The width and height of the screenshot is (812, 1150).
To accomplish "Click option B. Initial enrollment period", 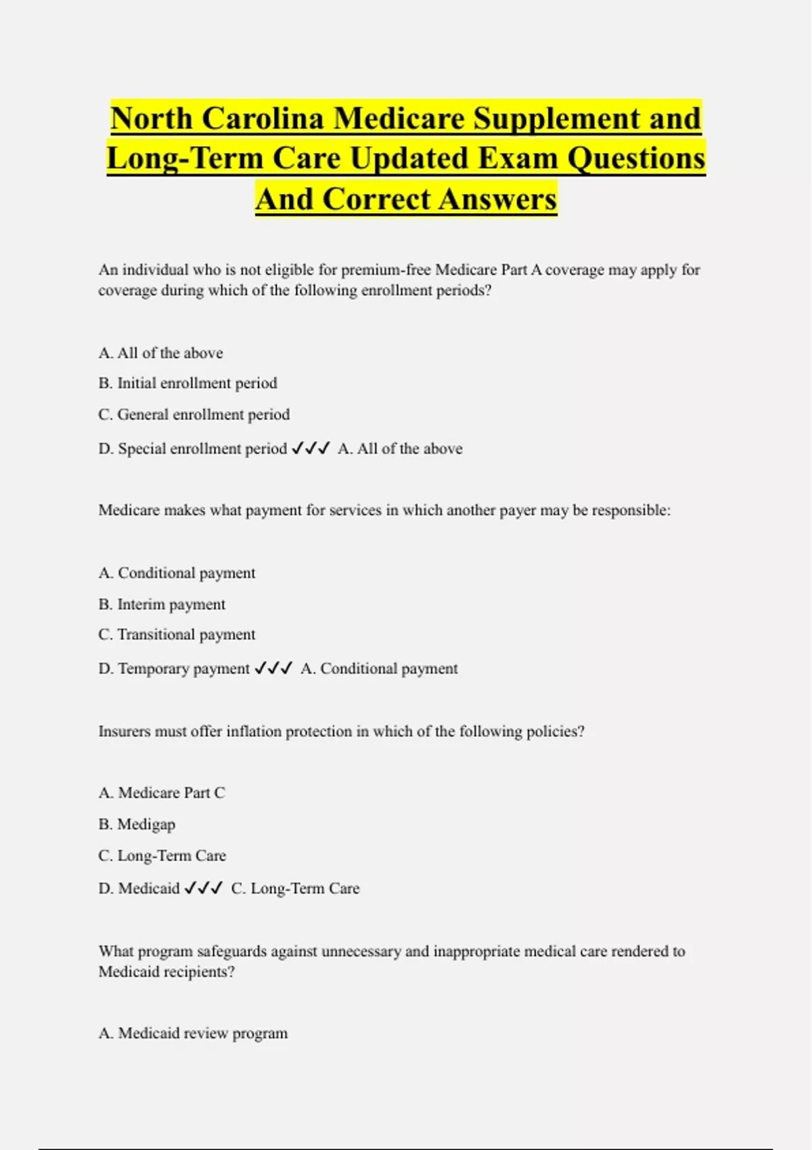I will click(x=187, y=384).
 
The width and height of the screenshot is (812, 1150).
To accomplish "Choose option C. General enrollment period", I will click(x=194, y=415).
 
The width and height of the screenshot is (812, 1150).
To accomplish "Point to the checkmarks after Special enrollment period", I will click(x=311, y=448).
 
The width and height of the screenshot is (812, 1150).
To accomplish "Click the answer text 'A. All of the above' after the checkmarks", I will click(x=400, y=449).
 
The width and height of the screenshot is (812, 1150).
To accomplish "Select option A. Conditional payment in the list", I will click(x=177, y=574).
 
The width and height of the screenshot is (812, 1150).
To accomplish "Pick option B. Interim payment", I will click(x=162, y=605).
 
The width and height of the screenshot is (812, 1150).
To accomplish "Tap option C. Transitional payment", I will click(x=177, y=635).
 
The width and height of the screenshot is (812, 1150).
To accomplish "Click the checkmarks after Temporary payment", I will click(x=273, y=668).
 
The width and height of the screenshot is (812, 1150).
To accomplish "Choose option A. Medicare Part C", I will click(x=162, y=793).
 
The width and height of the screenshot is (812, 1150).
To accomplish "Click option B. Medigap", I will click(x=137, y=825).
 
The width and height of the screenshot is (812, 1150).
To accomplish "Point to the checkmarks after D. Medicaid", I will click(x=203, y=888).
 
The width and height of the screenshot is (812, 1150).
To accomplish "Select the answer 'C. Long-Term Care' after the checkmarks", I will click(x=295, y=889).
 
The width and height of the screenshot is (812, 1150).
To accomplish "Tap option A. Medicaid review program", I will click(x=193, y=1034).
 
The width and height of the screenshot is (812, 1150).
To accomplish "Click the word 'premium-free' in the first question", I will click(x=386, y=270).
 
